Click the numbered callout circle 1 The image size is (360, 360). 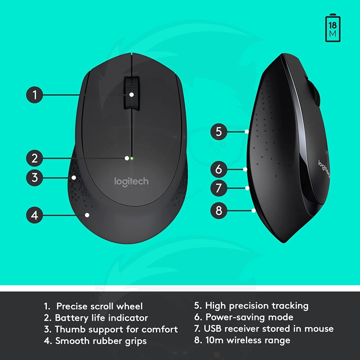[x=34, y=95]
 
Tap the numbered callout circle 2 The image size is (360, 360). [x=34, y=158]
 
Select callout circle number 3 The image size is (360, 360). [x=34, y=178]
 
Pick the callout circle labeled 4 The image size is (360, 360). [x=34, y=215]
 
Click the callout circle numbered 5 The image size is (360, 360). [x=219, y=131]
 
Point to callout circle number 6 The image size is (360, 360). [x=219, y=169]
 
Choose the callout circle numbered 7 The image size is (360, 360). [x=219, y=188]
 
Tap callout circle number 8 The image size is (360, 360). [x=219, y=210]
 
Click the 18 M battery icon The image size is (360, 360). [x=333, y=28]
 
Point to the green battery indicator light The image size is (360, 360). [x=132, y=158]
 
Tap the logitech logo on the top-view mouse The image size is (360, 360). [x=131, y=182]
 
